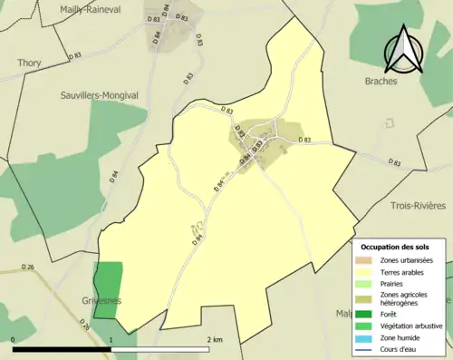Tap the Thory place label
(29, 63)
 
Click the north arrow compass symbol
(403, 50)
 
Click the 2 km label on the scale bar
(214, 339)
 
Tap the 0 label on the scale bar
(14, 339)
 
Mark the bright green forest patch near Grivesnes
(108, 289)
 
